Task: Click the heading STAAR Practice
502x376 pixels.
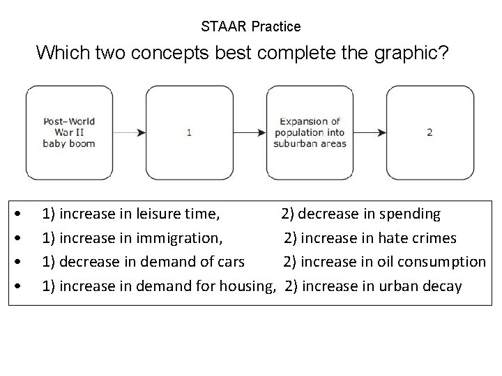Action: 251,27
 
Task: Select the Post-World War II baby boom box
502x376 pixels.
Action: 69,132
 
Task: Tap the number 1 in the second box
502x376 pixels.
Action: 190,132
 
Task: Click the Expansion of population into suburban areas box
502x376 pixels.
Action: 310,132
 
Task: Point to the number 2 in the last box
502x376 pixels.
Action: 430,132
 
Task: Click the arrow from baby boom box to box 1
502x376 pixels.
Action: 129,132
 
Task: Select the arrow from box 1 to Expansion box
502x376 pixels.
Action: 250,132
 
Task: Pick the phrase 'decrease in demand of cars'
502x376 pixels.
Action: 152,262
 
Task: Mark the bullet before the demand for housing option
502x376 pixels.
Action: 25,286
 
